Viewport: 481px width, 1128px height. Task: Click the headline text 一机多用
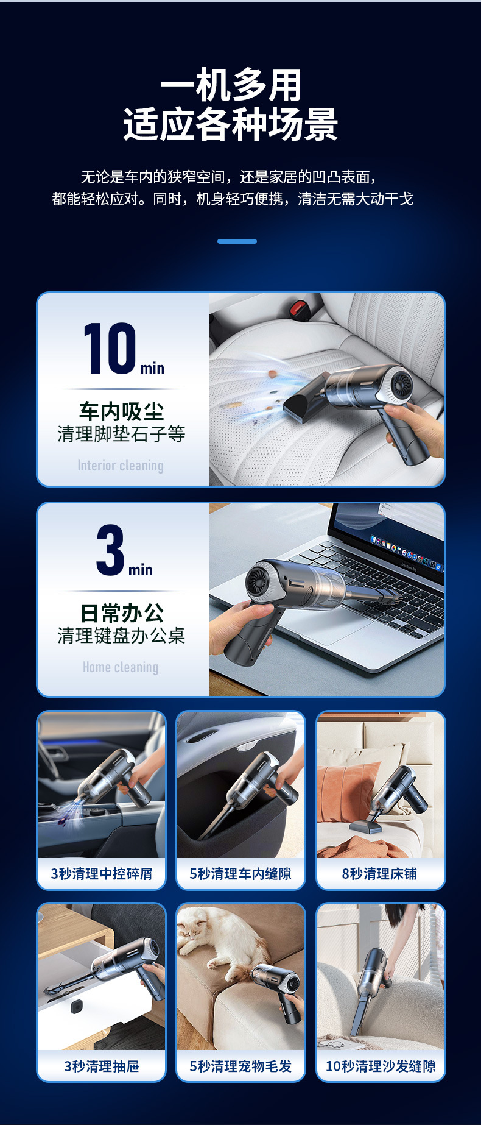coord(231,85)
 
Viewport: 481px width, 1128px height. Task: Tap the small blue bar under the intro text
coord(237,241)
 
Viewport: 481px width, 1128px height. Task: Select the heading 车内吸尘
coord(121,411)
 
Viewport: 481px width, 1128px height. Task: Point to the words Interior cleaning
coord(121,466)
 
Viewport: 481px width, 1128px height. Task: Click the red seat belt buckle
coord(298,308)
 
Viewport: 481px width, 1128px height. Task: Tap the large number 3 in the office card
coord(110,550)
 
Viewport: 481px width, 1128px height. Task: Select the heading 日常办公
coord(121,612)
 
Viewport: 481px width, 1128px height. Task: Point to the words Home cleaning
coord(121,667)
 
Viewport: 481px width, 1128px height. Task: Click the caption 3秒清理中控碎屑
coord(101,873)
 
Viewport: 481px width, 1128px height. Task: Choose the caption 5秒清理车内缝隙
coord(240,873)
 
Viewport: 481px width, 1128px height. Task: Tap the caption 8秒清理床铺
coord(380,873)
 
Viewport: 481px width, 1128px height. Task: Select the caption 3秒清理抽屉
coord(101,1066)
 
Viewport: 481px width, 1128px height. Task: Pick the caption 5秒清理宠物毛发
coord(240,1066)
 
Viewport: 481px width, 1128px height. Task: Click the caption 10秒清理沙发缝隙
coord(381,1066)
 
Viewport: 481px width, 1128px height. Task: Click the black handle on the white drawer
coord(76,1006)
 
